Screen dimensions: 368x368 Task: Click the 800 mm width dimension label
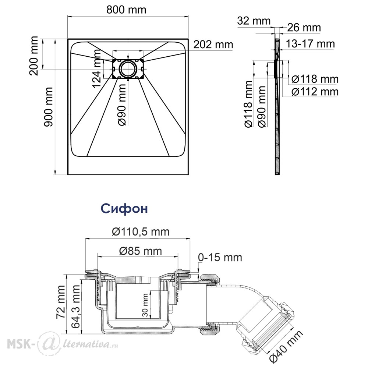[x=126, y=10]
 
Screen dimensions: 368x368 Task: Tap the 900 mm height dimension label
[x=48, y=107]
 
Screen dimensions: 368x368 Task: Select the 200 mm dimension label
[x=33, y=56]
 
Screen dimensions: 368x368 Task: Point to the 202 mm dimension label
[x=213, y=45]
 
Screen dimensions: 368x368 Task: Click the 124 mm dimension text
[x=97, y=69]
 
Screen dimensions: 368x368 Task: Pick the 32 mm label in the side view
[x=254, y=21]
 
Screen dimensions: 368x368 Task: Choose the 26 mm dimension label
[x=304, y=28]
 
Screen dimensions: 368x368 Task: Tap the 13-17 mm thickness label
[x=310, y=44]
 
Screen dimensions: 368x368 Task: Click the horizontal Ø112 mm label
[x=315, y=92]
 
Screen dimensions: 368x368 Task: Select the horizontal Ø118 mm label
[x=315, y=79]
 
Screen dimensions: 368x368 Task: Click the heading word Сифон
[x=124, y=208]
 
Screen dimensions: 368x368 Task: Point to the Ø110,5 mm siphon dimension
[x=141, y=231]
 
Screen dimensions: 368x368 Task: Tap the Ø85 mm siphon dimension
[x=140, y=251]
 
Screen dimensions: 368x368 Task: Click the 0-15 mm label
[x=220, y=258]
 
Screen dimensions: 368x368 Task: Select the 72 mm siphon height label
[x=61, y=302]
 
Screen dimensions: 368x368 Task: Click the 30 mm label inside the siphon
[x=145, y=305]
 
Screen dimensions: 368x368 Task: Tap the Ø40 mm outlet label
[x=286, y=346]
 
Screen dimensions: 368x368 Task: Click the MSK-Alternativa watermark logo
[x=62, y=344]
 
